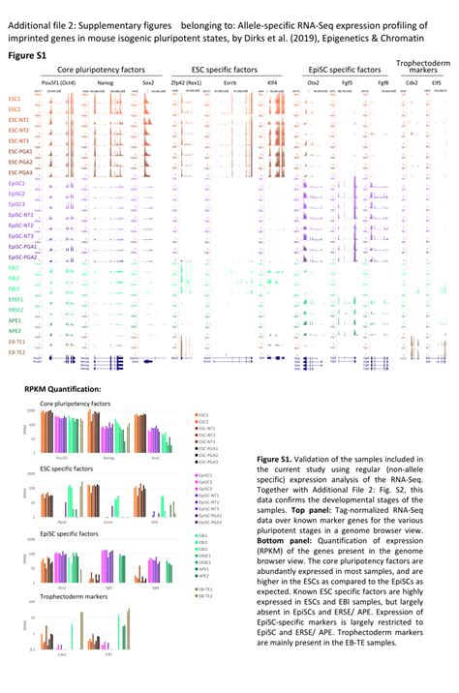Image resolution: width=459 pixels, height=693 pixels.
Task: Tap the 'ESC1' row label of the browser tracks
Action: tap(15, 100)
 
